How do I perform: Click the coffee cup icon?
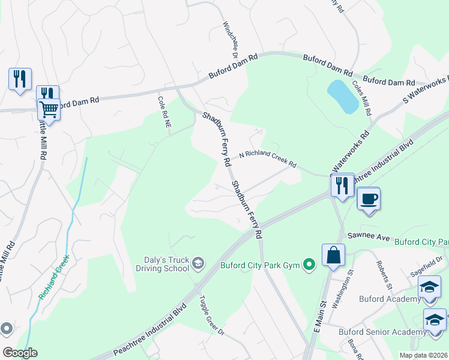[368, 199]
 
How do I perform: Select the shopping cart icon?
[48, 110]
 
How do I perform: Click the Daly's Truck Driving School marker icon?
[197, 263]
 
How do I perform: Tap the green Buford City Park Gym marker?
[309, 264]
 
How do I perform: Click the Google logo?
[20, 353]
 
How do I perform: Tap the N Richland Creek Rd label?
[268, 159]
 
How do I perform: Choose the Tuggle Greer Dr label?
[211, 316]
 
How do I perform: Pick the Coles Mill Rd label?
[362, 98]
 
